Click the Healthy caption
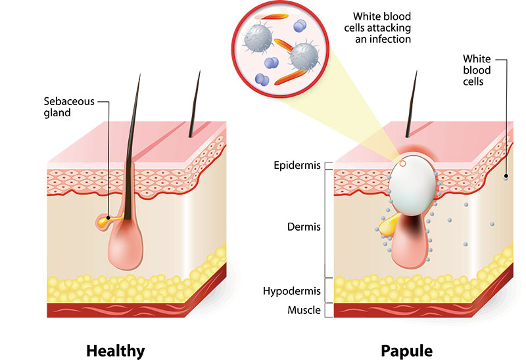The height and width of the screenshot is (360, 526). (115, 349)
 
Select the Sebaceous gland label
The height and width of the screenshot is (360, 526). (69, 107)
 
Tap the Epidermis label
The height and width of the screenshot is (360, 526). (297, 165)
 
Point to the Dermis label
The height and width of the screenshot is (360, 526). (304, 227)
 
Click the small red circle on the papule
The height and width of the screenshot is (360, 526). (403, 163)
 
